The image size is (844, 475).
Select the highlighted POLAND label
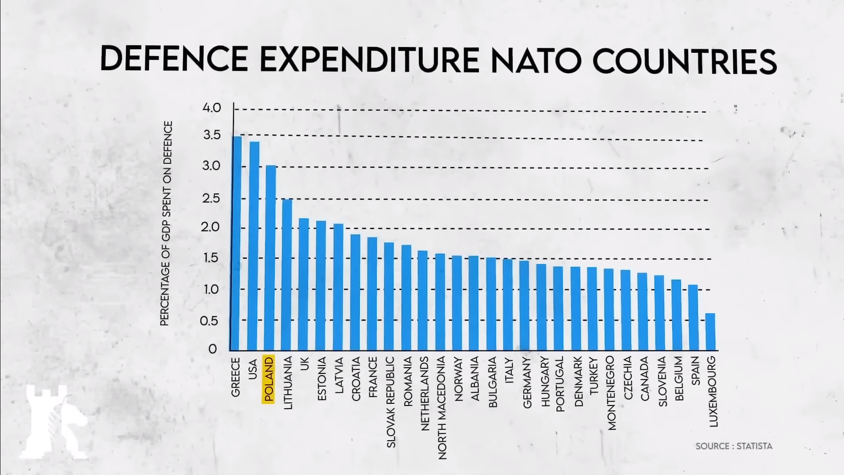click(x=268, y=379)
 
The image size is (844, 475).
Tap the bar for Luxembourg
click(x=710, y=332)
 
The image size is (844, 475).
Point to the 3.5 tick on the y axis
click(x=211, y=135)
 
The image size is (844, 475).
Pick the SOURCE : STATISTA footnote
click(x=734, y=446)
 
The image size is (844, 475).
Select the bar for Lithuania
click(x=287, y=275)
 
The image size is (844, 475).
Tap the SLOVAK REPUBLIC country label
click(x=391, y=402)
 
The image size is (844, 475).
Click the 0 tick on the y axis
click(x=213, y=349)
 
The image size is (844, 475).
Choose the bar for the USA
click(x=254, y=246)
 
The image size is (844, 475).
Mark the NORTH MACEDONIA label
click(x=442, y=408)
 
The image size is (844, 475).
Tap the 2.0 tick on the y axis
click(x=211, y=227)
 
